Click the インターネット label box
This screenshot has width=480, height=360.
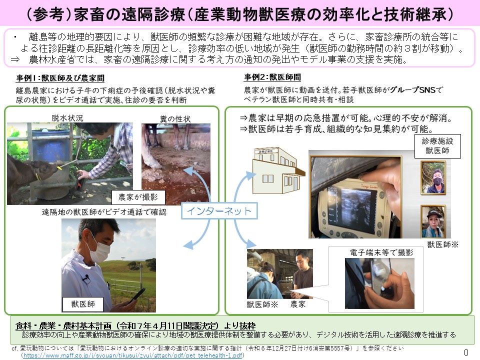(219, 211)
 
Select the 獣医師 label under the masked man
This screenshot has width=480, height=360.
(82, 303)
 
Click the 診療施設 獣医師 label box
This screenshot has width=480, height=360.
(437, 146)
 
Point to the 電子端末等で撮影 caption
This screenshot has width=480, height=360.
(381, 253)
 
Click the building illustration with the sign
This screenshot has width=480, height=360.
(276, 171)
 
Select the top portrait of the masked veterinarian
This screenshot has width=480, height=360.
(433, 177)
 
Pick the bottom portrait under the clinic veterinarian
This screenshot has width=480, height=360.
(433, 221)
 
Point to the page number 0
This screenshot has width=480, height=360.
(466, 352)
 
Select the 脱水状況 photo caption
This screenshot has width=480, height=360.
(67, 117)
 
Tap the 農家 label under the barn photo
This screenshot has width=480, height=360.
(298, 303)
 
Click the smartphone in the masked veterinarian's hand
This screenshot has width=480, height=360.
(136, 295)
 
